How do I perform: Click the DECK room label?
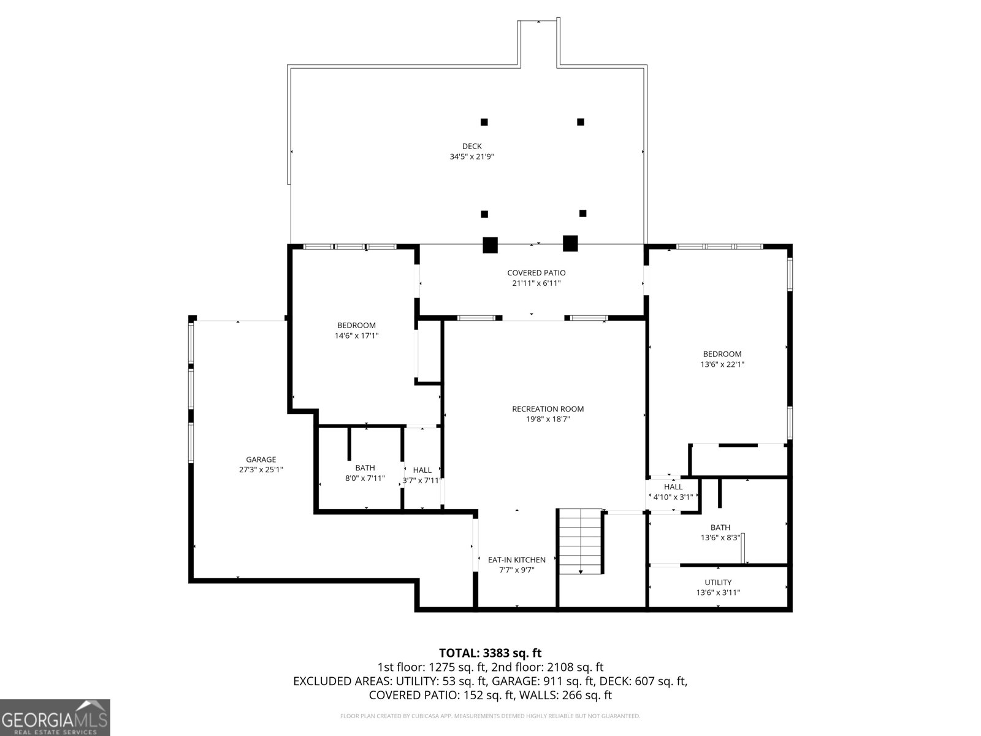471,146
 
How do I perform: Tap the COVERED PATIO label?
536,273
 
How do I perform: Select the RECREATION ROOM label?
548,409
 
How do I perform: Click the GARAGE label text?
261,459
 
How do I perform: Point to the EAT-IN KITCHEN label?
516,560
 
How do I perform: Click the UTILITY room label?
718,583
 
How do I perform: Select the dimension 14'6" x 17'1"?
356,336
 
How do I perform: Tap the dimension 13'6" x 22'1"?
722,364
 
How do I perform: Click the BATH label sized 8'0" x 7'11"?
365,468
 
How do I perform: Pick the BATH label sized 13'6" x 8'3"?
720,527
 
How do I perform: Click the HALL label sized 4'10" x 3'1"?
673,487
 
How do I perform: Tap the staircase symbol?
580,542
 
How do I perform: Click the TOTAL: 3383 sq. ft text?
490,653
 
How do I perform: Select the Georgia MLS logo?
55,718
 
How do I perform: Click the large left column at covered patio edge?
490,245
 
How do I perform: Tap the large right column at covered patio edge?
570,243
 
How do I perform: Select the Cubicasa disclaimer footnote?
490,716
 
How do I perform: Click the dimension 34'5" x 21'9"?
471,157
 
